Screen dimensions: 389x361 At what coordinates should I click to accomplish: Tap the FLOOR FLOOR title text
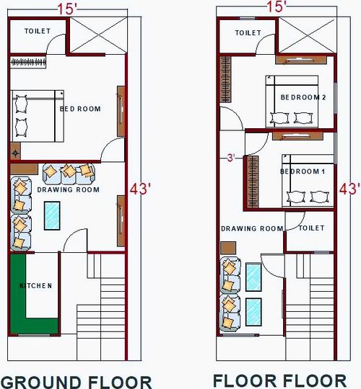click(x=279, y=380)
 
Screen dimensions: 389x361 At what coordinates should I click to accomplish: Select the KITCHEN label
click(x=36, y=286)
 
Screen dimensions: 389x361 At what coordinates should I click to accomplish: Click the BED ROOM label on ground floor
click(x=80, y=109)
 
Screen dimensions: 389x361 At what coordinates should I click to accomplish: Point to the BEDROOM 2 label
click(x=303, y=97)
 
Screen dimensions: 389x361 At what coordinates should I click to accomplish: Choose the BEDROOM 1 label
click(x=303, y=172)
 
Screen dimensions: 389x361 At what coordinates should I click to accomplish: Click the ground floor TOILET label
click(x=36, y=32)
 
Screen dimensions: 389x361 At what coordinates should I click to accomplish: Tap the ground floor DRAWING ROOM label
click(x=67, y=190)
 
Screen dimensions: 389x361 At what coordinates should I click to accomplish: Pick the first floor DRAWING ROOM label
click(x=252, y=228)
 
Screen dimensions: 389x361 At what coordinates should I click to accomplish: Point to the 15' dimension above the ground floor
click(x=69, y=7)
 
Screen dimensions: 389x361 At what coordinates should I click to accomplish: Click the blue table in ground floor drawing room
click(x=53, y=215)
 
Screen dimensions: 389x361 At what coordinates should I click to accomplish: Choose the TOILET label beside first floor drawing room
click(x=312, y=228)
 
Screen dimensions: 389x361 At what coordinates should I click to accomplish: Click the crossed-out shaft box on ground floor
click(x=98, y=34)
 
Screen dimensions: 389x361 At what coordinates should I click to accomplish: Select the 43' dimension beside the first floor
click(x=349, y=189)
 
